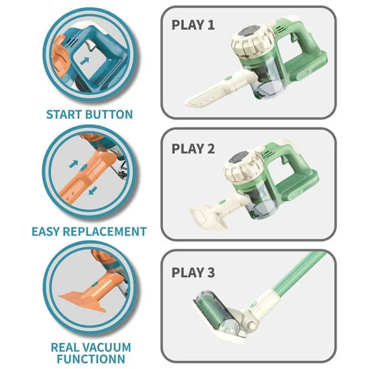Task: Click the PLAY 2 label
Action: pos(193,149)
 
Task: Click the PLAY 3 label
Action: pos(193,272)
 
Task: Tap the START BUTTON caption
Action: pos(89,114)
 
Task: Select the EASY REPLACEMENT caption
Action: pos(89,231)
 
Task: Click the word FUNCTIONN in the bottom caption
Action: pos(90,358)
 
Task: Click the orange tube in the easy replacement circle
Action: pos(87,174)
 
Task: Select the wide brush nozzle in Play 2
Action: pos(205,216)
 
